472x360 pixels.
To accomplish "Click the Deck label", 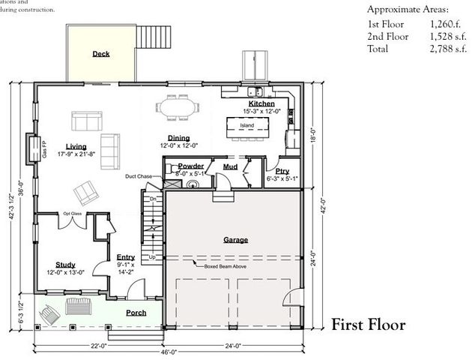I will coord(100,54).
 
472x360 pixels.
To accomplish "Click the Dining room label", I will coord(178,138).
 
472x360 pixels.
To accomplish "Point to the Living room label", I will coord(76,146).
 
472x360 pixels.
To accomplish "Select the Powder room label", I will coord(190,166).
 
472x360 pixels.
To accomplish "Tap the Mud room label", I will coord(231,166).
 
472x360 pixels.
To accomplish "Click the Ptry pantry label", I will coord(282,171).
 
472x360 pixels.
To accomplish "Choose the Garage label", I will coord(235,240).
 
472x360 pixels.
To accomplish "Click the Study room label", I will coord(65,265).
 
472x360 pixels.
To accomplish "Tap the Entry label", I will coord(126,257).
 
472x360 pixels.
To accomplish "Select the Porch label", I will coord(136,313).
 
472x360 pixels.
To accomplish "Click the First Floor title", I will coord(368,325).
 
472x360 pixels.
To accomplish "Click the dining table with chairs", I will coord(178,107).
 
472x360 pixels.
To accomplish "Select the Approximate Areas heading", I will coord(408,10).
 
